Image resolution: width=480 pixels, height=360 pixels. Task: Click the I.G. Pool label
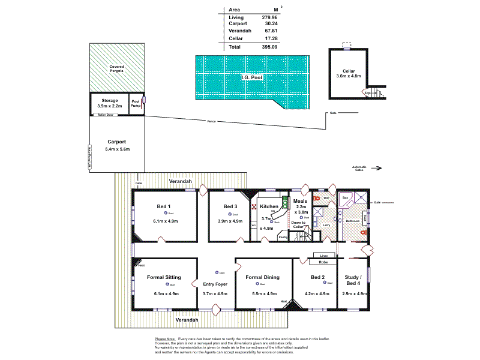(252, 77)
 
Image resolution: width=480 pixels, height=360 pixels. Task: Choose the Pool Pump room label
(136, 103)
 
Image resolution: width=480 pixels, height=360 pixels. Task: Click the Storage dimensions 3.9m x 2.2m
(109, 106)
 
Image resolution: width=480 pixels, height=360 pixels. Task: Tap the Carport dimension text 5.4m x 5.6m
(117, 149)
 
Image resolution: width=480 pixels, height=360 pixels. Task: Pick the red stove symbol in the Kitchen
(254, 207)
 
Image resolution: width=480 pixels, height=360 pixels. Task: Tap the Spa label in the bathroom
(345, 197)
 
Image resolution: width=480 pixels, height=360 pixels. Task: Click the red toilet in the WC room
(316, 197)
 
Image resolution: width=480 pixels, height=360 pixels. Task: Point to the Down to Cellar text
(298, 224)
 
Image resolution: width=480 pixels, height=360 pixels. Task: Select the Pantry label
(284, 238)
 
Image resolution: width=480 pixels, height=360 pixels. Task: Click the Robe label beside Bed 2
(323, 262)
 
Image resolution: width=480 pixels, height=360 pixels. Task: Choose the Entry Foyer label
(215, 285)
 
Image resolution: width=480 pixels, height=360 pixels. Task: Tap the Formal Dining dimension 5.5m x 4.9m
(263, 293)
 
